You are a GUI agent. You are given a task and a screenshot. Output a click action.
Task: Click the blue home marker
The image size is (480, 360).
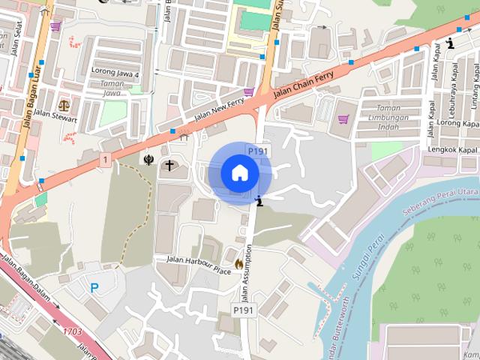click(x=239, y=172)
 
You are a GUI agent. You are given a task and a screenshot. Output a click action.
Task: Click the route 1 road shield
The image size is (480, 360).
click(x=105, y=160)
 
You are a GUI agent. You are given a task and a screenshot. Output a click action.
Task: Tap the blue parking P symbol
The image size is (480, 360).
click(x=94, y=287)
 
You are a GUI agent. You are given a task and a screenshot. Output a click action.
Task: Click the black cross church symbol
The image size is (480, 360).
click(x=169, y=164)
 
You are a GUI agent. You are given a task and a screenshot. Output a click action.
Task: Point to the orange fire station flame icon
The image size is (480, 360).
click(x=238, y=263)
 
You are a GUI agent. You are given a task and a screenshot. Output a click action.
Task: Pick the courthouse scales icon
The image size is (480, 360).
click(x=64, y=105)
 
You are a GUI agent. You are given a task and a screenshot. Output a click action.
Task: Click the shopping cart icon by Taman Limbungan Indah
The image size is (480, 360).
click(x=343, y=118)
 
